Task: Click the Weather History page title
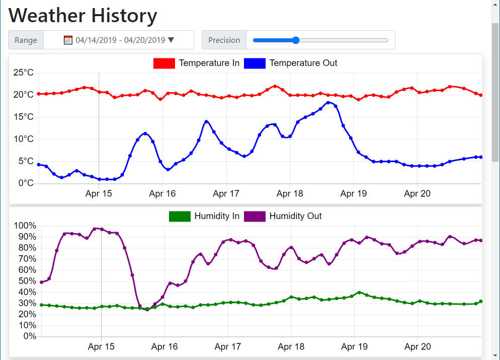83,16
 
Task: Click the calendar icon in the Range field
68,40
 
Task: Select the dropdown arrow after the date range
171,40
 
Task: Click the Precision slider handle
296,40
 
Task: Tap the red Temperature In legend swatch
164,63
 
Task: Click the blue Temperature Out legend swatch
255,63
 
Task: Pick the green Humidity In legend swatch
180,217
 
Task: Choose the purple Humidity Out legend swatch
255,217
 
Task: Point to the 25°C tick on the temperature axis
23,73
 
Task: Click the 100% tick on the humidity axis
25,226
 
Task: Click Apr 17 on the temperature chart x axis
226,194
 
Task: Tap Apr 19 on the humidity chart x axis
355,347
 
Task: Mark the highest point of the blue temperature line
328,103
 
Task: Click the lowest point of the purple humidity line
147,310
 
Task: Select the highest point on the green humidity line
359,292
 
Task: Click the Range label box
26,40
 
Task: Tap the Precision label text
224,40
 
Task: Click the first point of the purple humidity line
41,282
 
